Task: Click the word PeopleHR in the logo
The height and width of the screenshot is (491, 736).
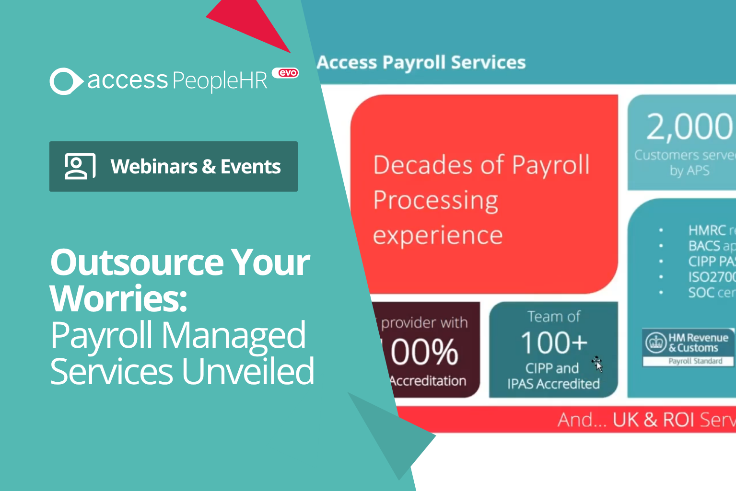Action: (220, 80)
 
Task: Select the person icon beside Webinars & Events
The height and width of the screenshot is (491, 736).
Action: (80, 166)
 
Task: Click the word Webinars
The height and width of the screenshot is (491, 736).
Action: (153, 167)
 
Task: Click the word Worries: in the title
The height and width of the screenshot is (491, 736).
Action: (118, 298)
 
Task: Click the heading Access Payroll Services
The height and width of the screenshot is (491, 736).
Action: (421, 63)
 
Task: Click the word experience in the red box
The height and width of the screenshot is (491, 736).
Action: (438, 236)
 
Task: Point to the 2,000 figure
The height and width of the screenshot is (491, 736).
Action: (689, 126)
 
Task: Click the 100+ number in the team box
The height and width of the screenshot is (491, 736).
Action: (554, 343)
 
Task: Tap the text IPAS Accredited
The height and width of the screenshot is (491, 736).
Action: (553, 384)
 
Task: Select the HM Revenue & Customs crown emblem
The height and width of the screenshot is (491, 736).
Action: (655, 343)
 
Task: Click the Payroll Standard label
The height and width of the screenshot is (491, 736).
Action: (695, 361)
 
